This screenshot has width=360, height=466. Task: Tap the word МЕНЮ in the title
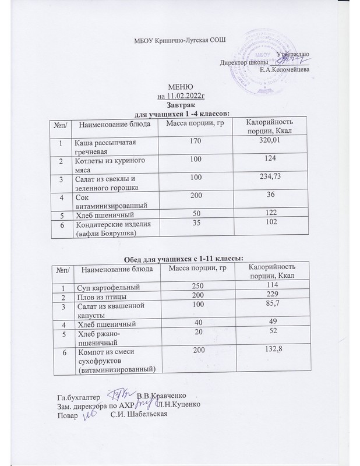pos(180,87)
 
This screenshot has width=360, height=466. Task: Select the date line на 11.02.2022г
pos(180,96)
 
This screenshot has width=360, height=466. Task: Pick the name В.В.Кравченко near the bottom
pos(165,396)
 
